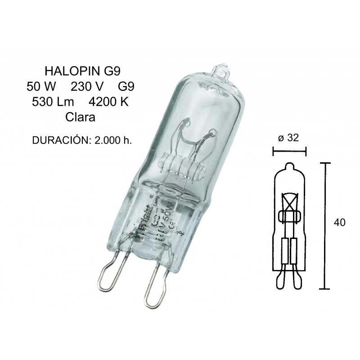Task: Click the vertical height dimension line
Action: pos(324,225)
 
